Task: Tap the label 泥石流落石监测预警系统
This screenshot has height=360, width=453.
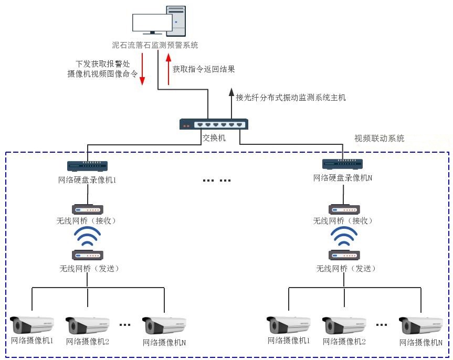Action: (x=155, y=45)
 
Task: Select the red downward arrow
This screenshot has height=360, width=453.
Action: (x=142, y=69)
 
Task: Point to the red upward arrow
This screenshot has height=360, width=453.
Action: (x=168, y=68)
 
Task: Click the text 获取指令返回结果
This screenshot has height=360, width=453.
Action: (x=204, y=69)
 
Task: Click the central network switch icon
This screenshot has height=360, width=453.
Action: (x=213, y=124)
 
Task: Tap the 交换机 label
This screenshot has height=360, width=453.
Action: (x=214, y=138)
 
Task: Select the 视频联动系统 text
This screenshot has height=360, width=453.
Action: (x=380, y=139)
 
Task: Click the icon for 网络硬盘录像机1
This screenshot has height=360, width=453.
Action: (x=88, y=166)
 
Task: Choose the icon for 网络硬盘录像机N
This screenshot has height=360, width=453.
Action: (x=343, y=164)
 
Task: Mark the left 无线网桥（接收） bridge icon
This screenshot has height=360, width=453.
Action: (x=88, y=209)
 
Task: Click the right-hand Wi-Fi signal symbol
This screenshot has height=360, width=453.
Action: (x=344, y=237)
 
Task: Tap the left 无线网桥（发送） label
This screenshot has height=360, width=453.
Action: (x=89, y=269)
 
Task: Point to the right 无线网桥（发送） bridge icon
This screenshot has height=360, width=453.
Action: (x=344, y=255)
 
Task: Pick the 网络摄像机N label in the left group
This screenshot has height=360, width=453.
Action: (x=164, y=342)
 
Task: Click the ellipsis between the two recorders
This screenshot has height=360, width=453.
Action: (x=217, y=180)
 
